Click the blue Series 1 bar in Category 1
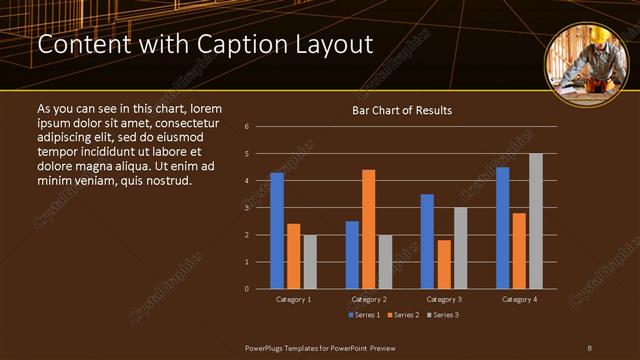point(277,231)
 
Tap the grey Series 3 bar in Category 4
point(536,221)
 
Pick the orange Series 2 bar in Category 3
point(444,264)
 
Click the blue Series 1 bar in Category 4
point(503,228)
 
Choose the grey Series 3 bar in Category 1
point(310,262)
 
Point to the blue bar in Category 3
point(427,241)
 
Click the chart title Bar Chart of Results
point(402,110)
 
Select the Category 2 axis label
point(369,299)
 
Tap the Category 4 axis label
point(519,299)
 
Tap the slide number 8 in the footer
point(589,347)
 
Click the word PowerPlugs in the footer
point(268,347)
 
